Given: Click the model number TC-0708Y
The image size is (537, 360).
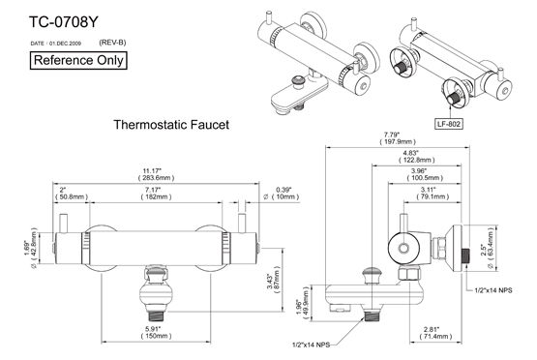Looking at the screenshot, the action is (64, 22).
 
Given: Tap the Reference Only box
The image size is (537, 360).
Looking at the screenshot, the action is (78, 61).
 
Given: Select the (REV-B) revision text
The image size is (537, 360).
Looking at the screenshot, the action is (112, 43).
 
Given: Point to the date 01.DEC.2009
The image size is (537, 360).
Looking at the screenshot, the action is (65, 44).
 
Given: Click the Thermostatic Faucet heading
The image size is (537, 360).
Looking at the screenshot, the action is (171, 125).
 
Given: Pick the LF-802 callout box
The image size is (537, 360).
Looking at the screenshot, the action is (448, 124).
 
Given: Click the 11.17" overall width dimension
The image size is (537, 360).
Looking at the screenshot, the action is (156, 174).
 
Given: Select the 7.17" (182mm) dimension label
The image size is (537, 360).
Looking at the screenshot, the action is (156, 194).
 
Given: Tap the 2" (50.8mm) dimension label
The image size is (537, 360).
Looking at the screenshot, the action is (72, 194).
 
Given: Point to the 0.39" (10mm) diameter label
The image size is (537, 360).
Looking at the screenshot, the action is (282, 194).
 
